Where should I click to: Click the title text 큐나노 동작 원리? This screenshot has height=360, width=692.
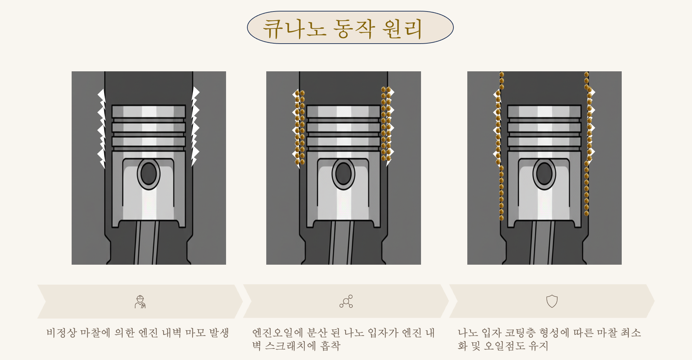(343, 29)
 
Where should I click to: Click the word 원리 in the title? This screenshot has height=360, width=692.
(402, 29)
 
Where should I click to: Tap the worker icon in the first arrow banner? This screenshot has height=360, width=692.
(140, 302)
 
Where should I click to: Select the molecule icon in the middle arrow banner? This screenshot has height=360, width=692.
(346, 301)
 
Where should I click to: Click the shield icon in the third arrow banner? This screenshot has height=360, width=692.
(552, 301)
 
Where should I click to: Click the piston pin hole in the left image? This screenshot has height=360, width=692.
(149, 174)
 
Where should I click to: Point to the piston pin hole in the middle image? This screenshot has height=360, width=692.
(343, 174)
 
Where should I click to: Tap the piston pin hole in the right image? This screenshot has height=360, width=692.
(544, 174)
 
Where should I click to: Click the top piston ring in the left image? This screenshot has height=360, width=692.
(149, 111)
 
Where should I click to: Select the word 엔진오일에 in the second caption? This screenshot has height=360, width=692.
(277, 333)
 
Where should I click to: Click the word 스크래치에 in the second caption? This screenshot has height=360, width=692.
(290, 345)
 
